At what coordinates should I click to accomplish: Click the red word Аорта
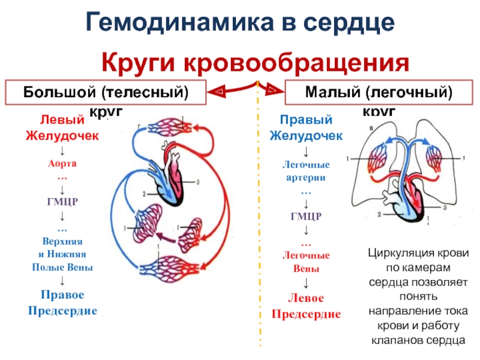pos(62,163)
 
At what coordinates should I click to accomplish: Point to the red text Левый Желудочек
pos(62,127)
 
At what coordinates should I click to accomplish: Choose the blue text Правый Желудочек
pos(306,127)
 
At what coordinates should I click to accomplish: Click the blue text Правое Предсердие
pos(62,303)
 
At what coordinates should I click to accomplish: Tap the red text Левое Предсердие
pos(306,306)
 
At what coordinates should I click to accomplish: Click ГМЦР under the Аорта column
pos(62,201)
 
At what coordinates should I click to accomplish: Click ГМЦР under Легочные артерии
pos(306,216)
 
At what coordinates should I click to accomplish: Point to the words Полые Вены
pos(62,267)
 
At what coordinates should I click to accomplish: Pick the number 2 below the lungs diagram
pos(379,214)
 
